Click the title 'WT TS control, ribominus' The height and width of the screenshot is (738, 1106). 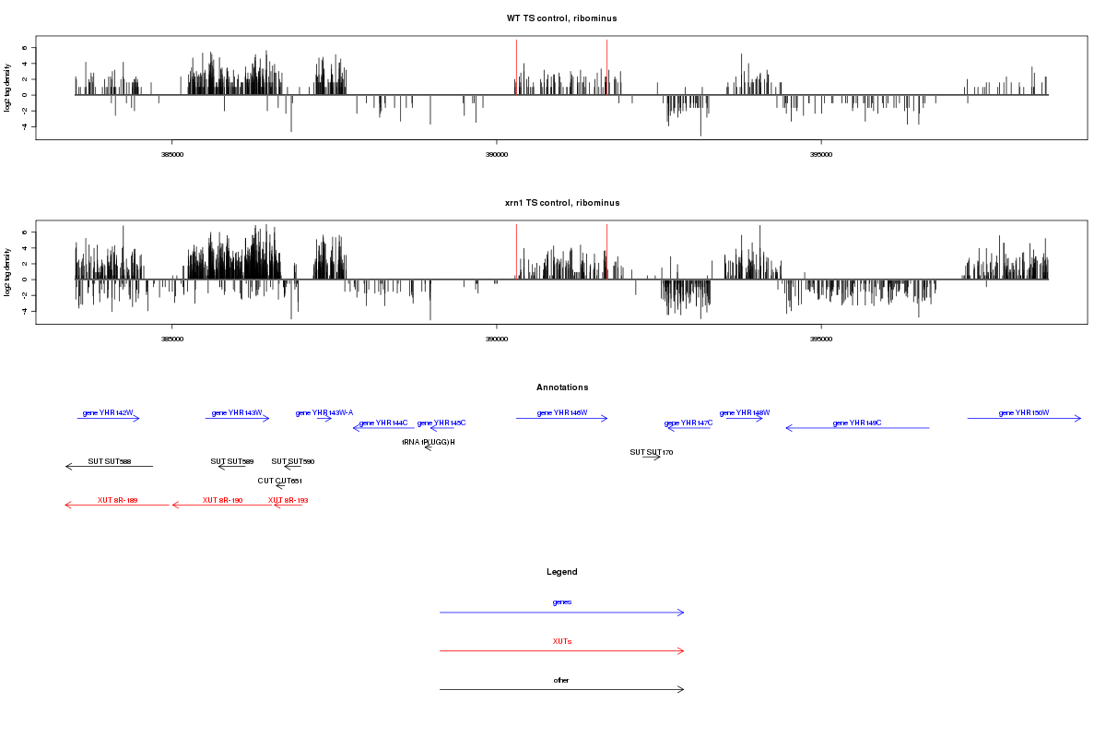[561, 18]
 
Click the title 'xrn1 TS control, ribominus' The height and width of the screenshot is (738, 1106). [561, 202]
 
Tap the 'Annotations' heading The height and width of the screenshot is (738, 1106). [561, 387]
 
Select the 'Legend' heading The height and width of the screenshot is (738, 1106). [561, 572]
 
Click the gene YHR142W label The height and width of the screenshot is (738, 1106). [108, 412]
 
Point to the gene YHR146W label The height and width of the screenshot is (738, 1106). [561, 412]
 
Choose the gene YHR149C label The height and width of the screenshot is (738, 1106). [857, 423]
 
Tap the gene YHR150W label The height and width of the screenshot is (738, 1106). [1023, 412]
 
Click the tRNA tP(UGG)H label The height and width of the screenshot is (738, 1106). [429, 442]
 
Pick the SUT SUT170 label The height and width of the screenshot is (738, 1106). [652, 452]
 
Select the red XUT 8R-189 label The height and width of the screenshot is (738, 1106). [117, 500]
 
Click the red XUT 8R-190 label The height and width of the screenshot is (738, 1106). [222, 500]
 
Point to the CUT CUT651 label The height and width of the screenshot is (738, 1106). [280, 481]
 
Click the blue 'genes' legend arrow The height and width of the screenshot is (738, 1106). [561, 613]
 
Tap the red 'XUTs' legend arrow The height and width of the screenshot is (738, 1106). [561, 651]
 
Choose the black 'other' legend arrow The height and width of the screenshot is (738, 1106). [561, 689]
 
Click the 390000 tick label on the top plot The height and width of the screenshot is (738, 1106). [496, 155]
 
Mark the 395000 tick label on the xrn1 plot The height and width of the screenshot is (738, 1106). [820, 339]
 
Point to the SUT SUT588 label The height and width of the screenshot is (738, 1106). [110, 461]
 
